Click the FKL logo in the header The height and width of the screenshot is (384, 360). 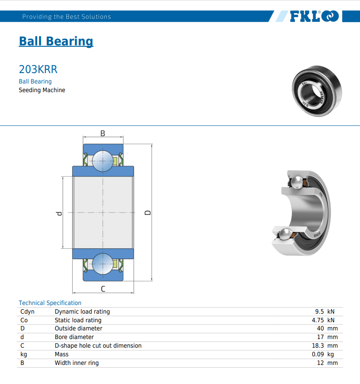coord(314,16)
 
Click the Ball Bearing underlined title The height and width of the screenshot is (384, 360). coord(56,41)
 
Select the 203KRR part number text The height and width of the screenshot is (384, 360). coord(38,69)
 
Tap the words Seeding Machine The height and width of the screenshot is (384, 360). coord(42,90)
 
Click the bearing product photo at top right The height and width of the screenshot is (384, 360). coord(317,91)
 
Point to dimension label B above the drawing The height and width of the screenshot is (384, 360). coord(103,133)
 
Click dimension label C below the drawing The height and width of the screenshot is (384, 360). coord(103,289)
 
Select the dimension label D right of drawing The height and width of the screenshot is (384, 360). coord(148,212)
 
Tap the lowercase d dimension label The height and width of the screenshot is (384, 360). coord(59,213)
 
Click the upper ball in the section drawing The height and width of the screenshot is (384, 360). coord(103,161)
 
